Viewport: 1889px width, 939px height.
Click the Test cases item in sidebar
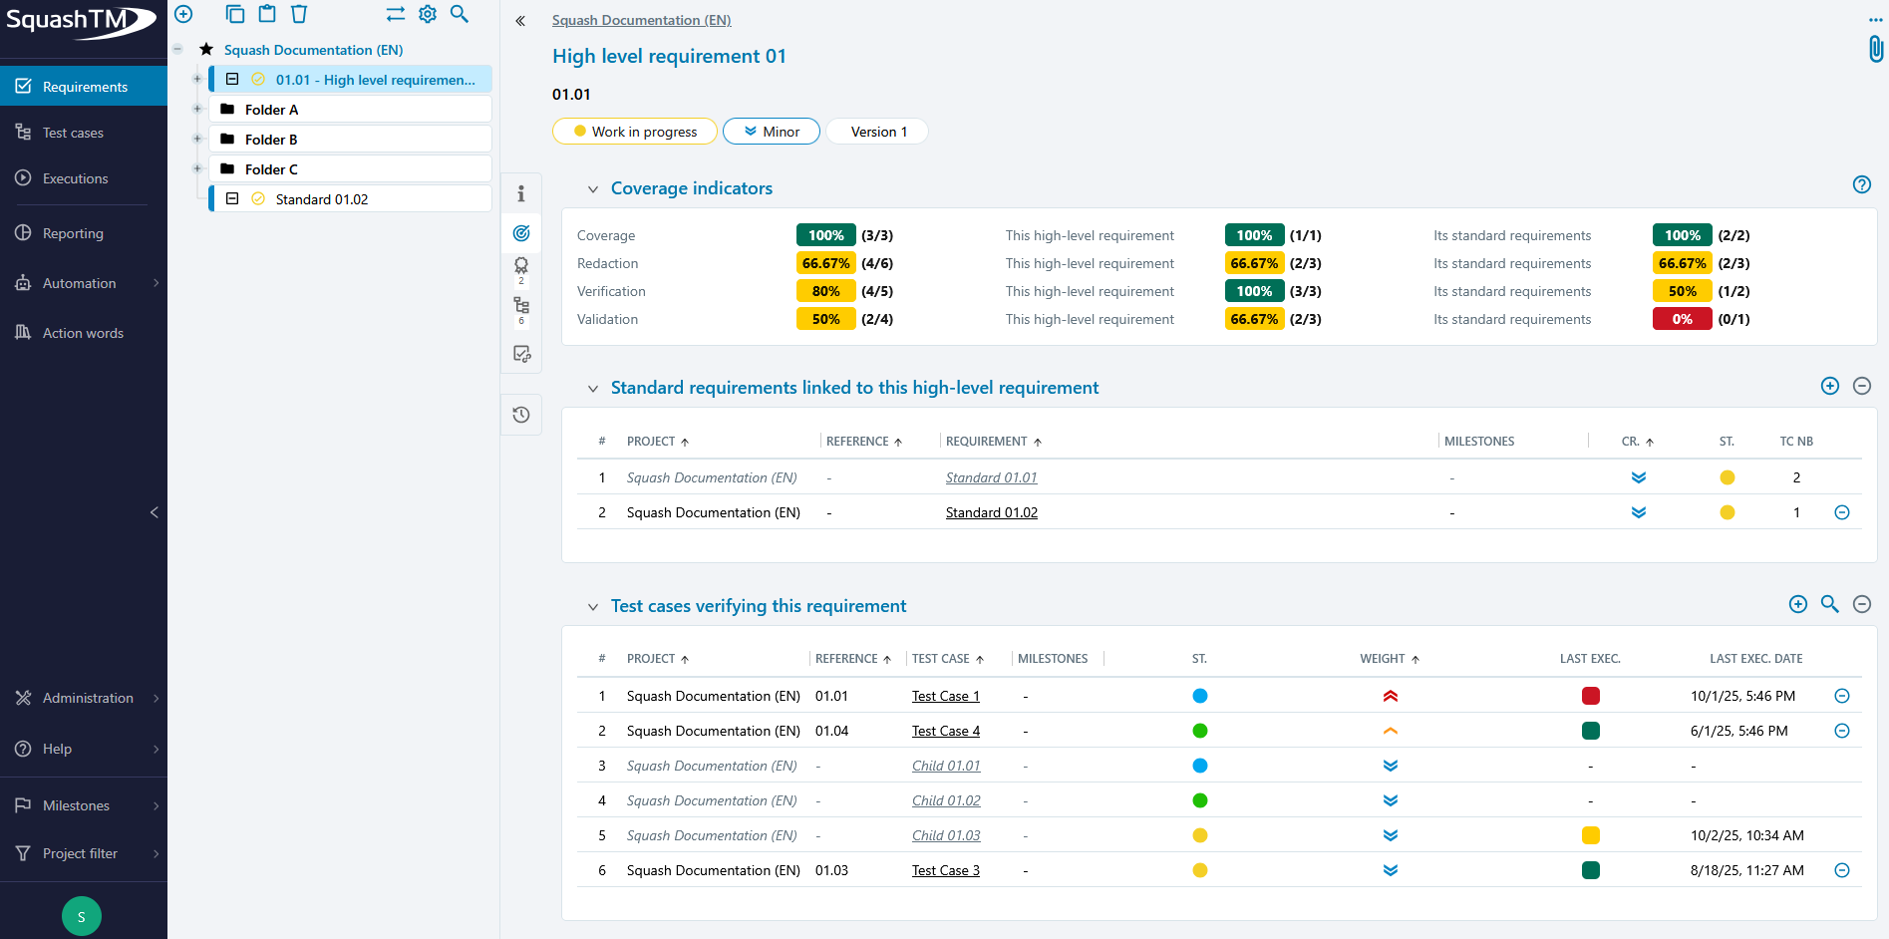(72, 133)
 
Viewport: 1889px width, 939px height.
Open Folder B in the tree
(271, 140)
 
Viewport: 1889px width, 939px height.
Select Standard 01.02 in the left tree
(321, 199)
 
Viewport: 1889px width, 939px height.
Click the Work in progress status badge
(635, 132)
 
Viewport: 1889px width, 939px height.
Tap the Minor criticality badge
(772, 132)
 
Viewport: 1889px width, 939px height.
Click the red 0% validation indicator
(1682, 319)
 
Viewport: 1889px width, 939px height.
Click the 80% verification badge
(825, 291)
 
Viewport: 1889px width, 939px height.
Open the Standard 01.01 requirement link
(991, 477)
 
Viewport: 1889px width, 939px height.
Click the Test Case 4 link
(945, 731)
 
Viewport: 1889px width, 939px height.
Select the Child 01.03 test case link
(945, 835)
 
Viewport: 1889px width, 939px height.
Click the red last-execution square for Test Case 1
(1590, 696)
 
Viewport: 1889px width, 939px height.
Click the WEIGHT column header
(1382, 659)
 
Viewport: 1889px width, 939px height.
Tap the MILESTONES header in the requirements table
(1478, 442)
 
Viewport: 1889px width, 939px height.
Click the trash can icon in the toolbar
(299, 14)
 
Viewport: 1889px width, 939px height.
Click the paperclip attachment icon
(1875, 49)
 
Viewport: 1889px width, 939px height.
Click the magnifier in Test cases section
(1829, 604)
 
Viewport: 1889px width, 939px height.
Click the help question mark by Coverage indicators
(1861, 184)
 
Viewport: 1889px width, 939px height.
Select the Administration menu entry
(88, 698)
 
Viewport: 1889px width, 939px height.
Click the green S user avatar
(82, 916)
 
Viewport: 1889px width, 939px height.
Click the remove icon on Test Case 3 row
(1841, 870)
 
